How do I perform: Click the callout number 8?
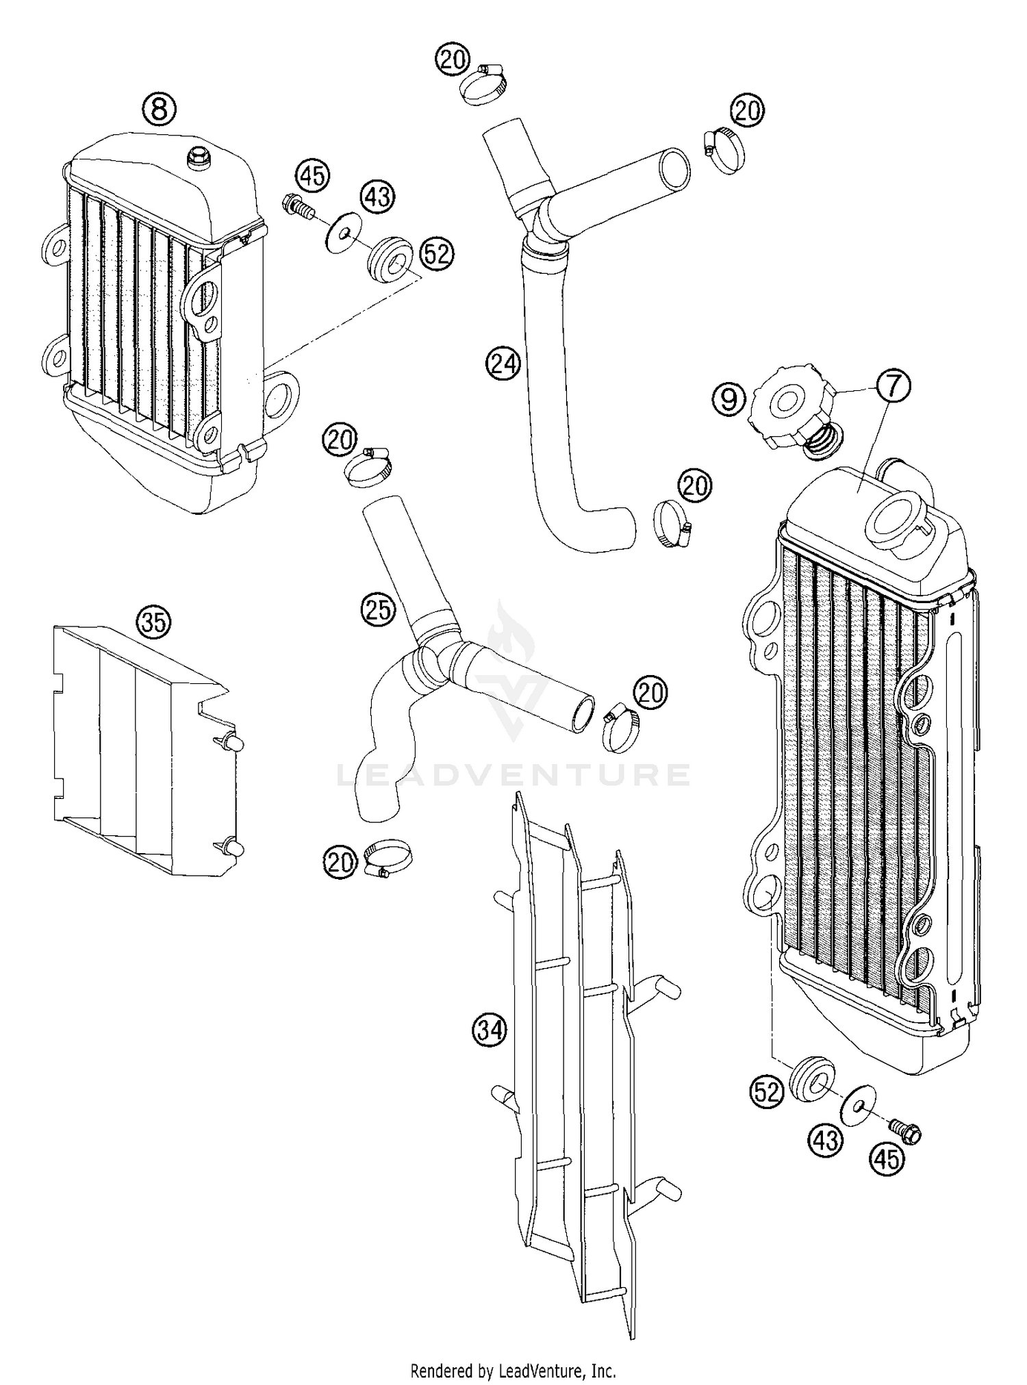tap(159, 108)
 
